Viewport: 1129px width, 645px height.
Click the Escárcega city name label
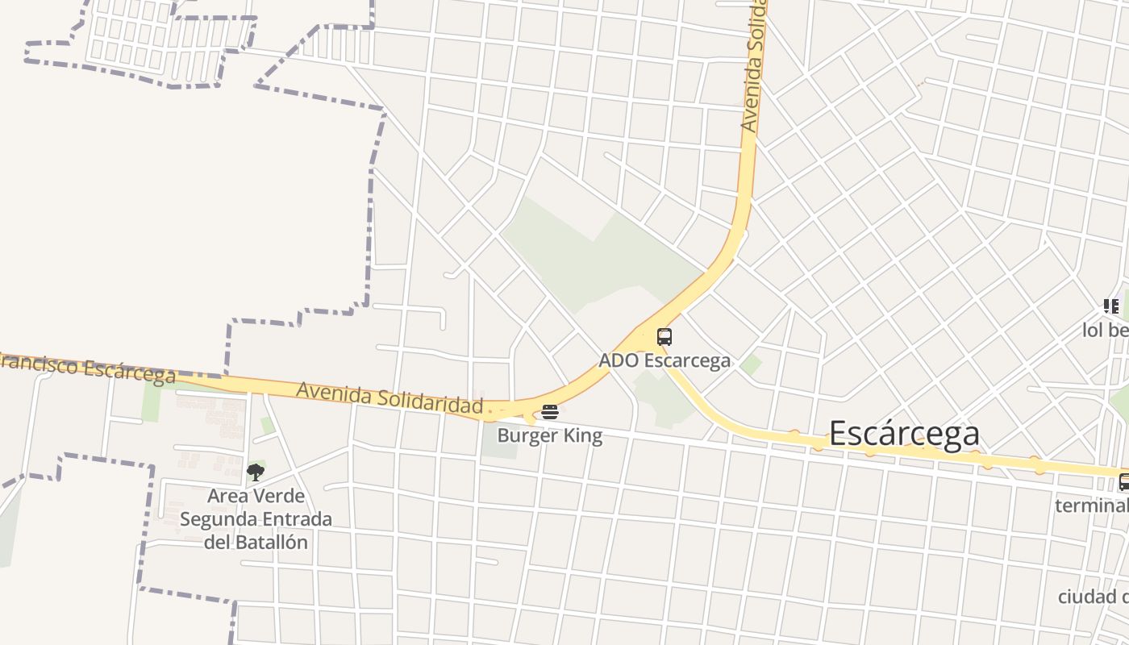[904, 434]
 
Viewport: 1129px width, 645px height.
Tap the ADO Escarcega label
[664, 360]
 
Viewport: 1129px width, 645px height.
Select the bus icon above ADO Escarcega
[664, 337]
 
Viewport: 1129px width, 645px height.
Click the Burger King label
[549, 436]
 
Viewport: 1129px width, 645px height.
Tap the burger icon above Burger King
[550, 413]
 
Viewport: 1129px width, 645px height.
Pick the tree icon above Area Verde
[256, 472]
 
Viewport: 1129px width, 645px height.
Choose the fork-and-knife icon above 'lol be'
[1111, 306]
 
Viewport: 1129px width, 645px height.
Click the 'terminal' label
[1092, 506]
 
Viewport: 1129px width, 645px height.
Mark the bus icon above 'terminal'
[1123, 482]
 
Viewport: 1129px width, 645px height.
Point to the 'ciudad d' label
[1093, 597]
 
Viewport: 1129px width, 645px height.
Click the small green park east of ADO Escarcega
[751, 364]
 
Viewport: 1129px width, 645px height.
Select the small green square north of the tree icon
[267, 425]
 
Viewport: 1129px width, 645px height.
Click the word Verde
[278, 496]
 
